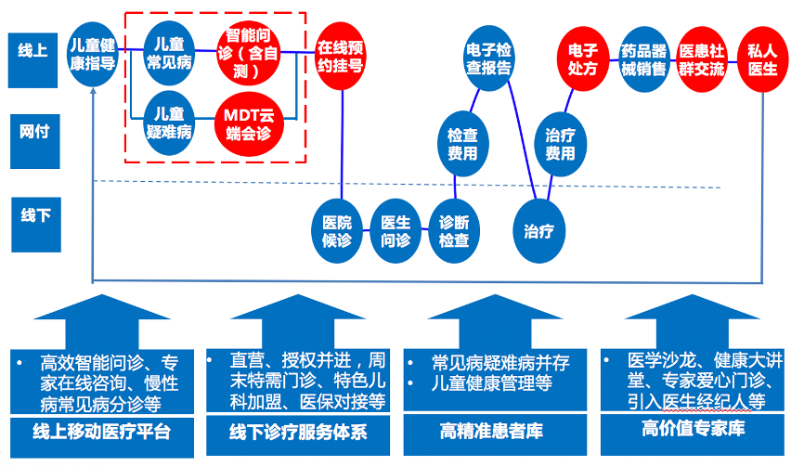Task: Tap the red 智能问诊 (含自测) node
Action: pyautogui.click(x=244, y=53)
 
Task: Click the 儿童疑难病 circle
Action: pyautogui.click(x=170, y=123)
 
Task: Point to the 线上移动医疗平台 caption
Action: pyautogui.click(x=101, y=433)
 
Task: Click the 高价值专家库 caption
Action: pyautogui.click(x=693, y=429)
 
